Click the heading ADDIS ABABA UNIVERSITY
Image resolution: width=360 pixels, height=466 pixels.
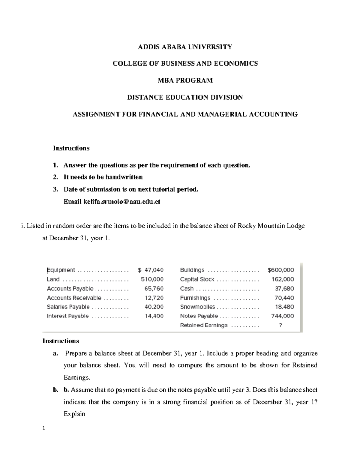pos(185,47)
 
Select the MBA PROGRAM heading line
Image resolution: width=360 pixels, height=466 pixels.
pos(185,80)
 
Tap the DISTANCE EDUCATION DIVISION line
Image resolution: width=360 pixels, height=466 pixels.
pos(185,97)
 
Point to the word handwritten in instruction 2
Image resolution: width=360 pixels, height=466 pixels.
pos(124,177)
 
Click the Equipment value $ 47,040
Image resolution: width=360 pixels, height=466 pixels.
pos(151,270)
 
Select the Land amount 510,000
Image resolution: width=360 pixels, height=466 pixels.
pos(152,279)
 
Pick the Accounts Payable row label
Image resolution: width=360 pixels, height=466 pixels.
pos(70,289)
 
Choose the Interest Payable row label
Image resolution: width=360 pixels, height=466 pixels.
pos(68,316)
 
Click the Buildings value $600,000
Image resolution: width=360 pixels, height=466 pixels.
pos(281,270)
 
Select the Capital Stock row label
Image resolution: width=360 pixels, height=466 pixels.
pos(197,279)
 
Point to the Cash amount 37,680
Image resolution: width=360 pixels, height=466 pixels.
pos(284,289)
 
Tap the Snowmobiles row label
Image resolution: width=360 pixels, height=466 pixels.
pos(197,307)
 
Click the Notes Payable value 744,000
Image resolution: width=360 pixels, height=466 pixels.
pos(283,316)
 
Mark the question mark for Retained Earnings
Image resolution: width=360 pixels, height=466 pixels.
pos(280,325)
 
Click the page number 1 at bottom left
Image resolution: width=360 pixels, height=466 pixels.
pos(44,428)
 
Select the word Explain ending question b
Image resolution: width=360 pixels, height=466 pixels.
pos(74,414)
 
